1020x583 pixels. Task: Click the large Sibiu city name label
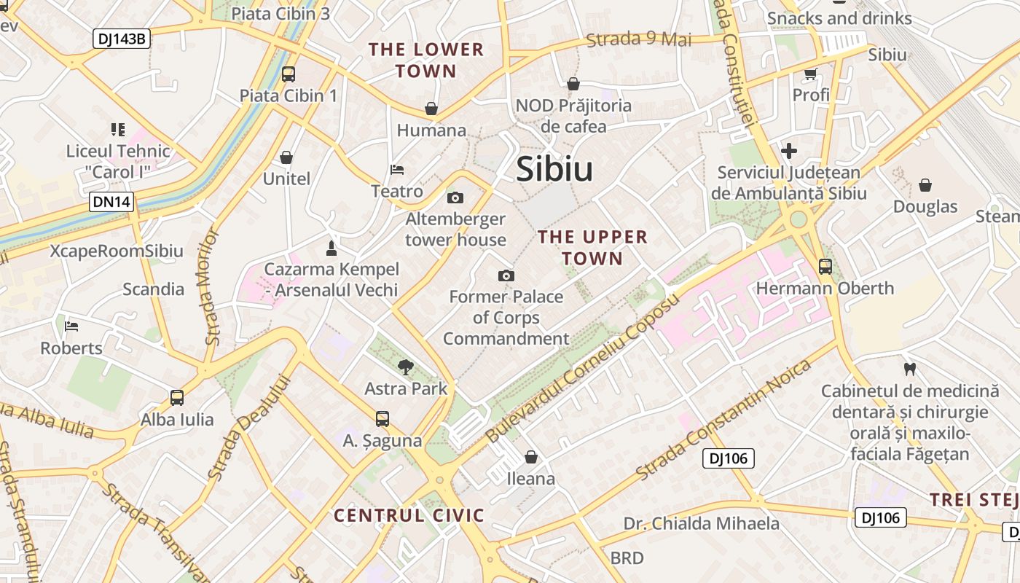(x=554, y=169)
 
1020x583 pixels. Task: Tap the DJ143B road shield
(x=122, y=39)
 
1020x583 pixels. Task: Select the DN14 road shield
(x=112, y=202)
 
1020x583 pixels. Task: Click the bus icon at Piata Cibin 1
(x=289, y=74)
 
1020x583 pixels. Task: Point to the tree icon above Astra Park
(x=406, y=367)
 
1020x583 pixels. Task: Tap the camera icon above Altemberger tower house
(x=455, y=197)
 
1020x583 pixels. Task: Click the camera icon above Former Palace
(x=506, y=275)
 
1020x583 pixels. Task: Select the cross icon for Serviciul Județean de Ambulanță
(x=788, y=152)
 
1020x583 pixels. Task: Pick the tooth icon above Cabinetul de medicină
(x=909, y=369)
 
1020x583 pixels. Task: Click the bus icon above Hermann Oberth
(x=825, y=267)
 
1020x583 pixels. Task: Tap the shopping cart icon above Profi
(x=811, y=74)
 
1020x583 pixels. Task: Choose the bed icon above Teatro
(x=397, y=170)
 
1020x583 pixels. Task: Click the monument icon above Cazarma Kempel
(x=331, y=248)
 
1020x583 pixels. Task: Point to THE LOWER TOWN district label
(x=425, y=60)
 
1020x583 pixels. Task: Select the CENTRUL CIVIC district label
(x=409, y=516)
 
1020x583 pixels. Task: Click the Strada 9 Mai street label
(x=639, y=39)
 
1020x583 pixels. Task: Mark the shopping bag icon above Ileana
(x=531, y=457)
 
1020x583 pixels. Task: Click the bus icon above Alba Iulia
(x=177, y=398)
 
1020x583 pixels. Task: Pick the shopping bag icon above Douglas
(x=925, y=185)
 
